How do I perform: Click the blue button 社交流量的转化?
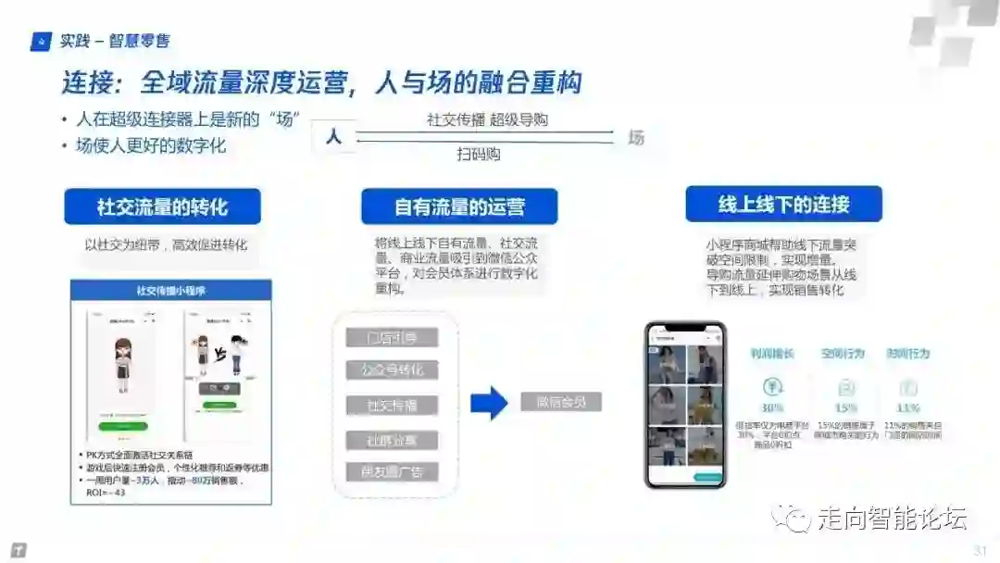(162, 206)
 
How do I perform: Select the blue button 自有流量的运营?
(459, 206)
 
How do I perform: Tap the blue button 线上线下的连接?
(783, 204)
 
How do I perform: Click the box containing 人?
(333, 137)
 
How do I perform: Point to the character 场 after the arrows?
(636, 137)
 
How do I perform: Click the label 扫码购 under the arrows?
(479, 155)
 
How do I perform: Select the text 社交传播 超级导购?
(487, 119)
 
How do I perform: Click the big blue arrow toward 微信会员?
(489, 403)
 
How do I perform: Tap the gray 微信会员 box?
(561, 402)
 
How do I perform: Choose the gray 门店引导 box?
(392, 337)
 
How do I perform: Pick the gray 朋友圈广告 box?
(392, 471)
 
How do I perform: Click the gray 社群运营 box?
(392, 440)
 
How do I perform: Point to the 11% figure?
(908, 407)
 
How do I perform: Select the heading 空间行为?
(843, 354)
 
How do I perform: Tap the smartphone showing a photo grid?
(686, 405)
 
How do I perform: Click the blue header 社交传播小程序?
(171, 291)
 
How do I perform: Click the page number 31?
(981, 550)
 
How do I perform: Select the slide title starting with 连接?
(322, 83)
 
